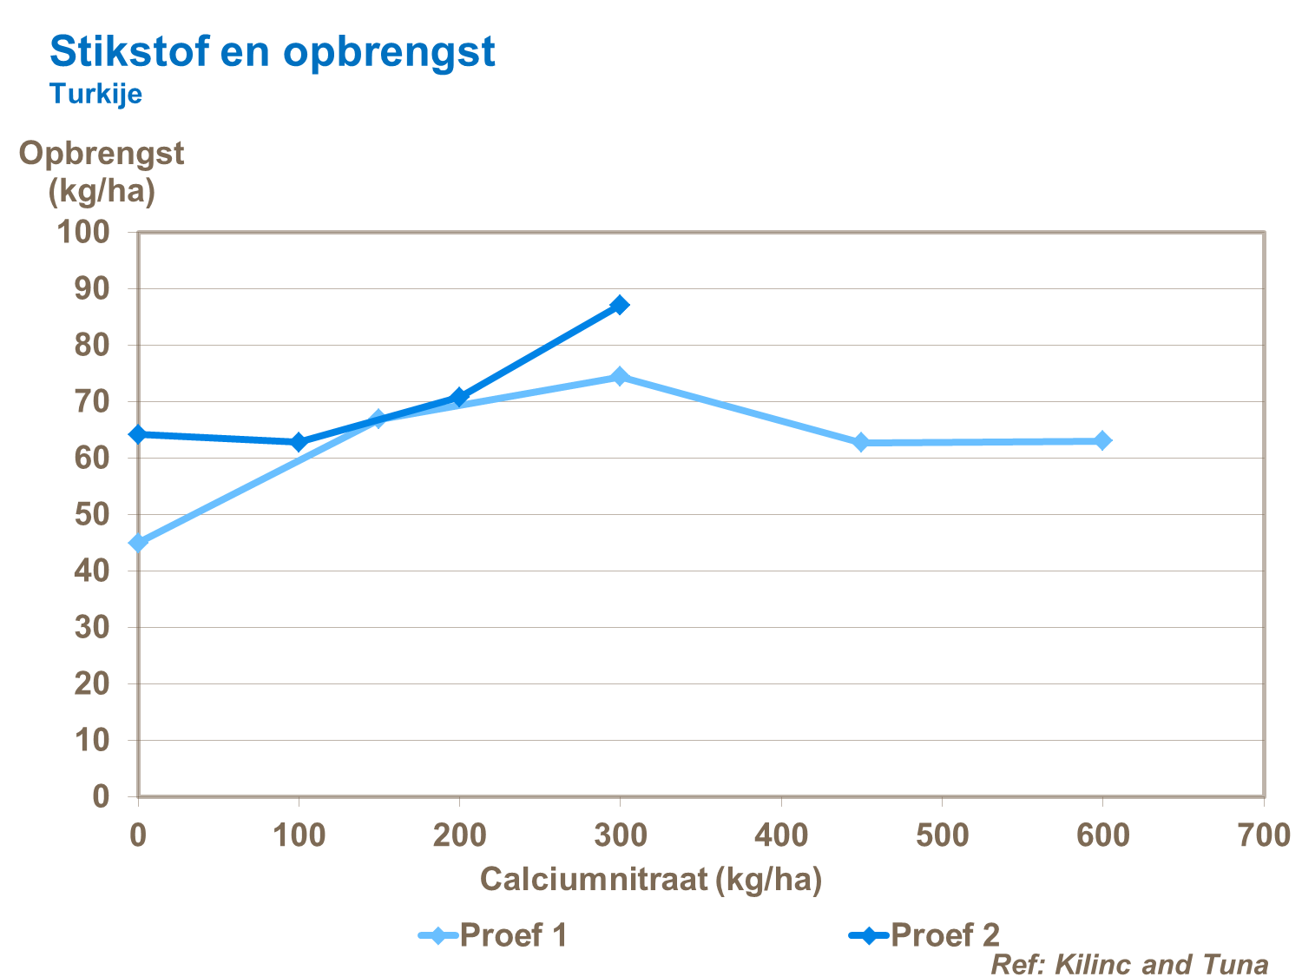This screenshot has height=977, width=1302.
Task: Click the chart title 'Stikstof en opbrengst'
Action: pyautogui.click(x=272, y=52)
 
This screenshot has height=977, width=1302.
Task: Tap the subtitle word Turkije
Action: pyautogui.click(x=95, y=94)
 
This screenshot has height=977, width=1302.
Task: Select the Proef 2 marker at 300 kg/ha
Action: pyautogui.click(x=619, y=305)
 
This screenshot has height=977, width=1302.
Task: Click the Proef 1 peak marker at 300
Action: pyautogui.click(x=619, y=376)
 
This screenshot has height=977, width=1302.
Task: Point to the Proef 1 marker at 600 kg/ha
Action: pyautogui.click(x=1102, y=440)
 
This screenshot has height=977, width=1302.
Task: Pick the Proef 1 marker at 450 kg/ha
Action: pyautogui.click(x=861, y=442)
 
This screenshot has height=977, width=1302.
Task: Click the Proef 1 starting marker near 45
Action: pyautogui.click(x=138, y=543)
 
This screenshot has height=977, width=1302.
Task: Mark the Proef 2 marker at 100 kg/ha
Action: pyautogui.click(x=299, y=442)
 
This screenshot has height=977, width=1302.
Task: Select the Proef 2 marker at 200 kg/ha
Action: pyautogui.click(x=459, y=397)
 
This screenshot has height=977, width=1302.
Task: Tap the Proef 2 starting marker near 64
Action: pyautogui.click(x=138, y=434)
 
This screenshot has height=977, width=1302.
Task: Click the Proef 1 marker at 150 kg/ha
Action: pyautogui.click(x=378, y=419)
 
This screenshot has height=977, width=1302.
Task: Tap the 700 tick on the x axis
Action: pyautogui.click(x=1263, y=835)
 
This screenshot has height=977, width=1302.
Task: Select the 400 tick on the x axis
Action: pyautogui.click(x=781, y=835)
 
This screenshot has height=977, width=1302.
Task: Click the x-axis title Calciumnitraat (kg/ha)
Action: pyautogui.click(x=651, y=880)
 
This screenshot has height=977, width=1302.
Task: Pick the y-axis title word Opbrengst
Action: pyautogui.click(x=102, y=154)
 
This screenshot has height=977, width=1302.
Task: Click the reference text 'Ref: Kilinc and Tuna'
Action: pyautogui.click(x=1129, y=964)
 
